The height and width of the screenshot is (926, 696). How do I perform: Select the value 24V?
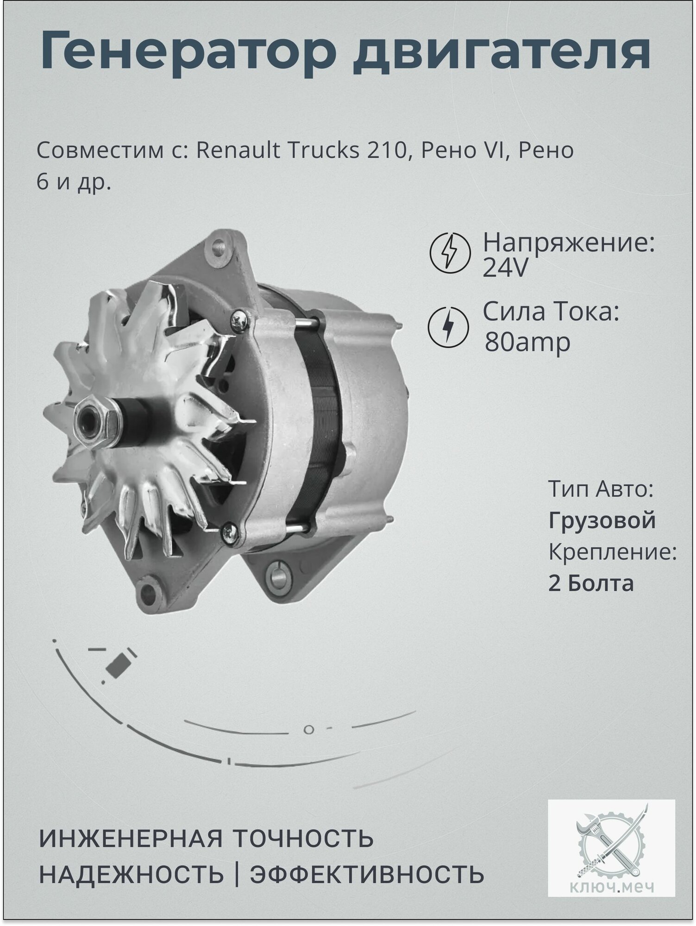coord(505,269)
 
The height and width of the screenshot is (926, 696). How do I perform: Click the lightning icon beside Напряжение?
coord(450,253)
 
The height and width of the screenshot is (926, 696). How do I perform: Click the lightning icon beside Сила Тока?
coord(448,326)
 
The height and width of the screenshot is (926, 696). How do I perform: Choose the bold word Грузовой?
coord(602,520)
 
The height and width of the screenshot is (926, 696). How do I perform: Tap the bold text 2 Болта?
coord(591,583)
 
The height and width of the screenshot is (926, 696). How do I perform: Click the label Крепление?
coord(613,552)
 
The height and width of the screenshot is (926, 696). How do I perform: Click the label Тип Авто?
coord(601,489)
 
